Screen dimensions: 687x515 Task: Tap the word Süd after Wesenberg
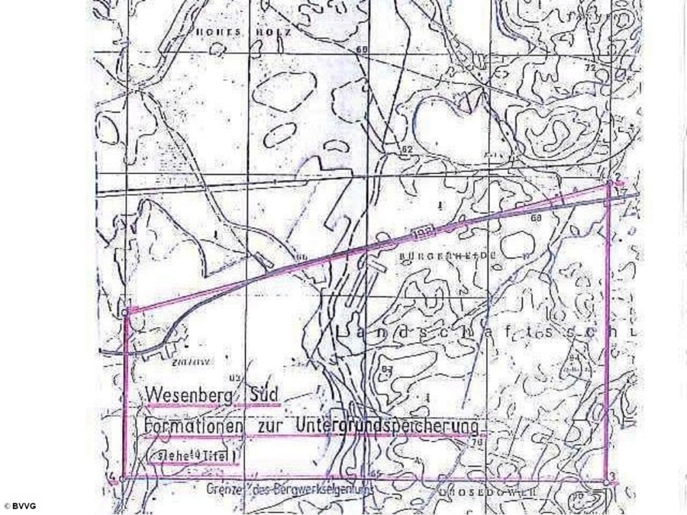click(264, 395)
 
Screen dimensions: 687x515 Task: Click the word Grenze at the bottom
click(224, 488)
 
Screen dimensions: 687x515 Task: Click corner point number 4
click(118, 478)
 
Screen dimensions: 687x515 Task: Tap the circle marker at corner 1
click(125, 313)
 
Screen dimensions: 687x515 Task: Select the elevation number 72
click(589, 68)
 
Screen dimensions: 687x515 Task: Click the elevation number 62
click(407, 149)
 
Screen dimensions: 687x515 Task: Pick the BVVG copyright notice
click(20, 506)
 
